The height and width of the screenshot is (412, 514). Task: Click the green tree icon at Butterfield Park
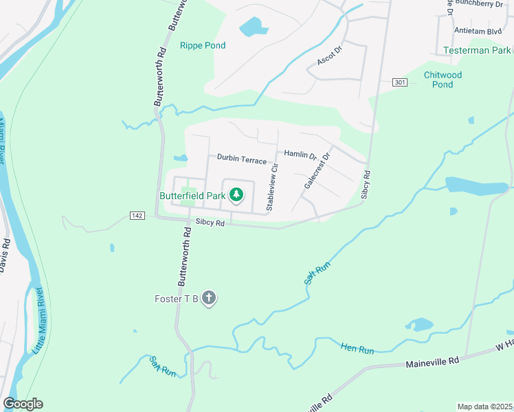(236, 196)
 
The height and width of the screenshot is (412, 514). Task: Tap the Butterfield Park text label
(192, 196)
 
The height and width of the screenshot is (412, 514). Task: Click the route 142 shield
(136, 216)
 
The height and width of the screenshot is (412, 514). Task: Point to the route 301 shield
(400, 82)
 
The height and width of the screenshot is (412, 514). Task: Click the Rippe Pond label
(203, 46)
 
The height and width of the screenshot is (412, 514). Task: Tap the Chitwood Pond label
(443, 80)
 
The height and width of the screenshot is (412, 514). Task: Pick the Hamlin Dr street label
(300, 156)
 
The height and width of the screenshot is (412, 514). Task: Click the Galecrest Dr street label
(317, 172)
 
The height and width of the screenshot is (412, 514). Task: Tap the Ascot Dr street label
(329, 57)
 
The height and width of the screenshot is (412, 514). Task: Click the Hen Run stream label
(357, 350)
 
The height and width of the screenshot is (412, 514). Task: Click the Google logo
(23, 404)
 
